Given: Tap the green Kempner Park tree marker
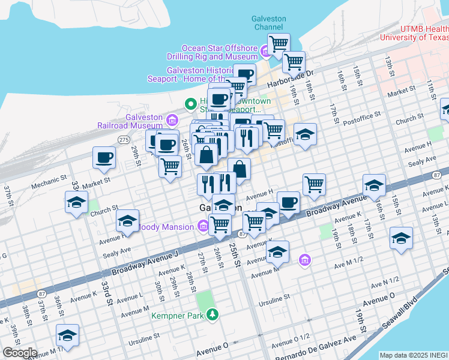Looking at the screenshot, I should (211, 313).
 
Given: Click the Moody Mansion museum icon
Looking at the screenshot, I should (203, 226).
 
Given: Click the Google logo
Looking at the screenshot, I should (19, 353).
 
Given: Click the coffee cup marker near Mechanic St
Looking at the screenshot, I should (104, 159).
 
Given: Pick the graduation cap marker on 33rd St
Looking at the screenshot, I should (77, 203).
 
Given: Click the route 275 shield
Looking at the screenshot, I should (124, 139).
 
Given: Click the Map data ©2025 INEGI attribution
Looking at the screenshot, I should (414, 355).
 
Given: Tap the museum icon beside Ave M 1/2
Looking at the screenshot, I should (305, 259).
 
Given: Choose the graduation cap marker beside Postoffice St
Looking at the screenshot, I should (305, 135).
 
